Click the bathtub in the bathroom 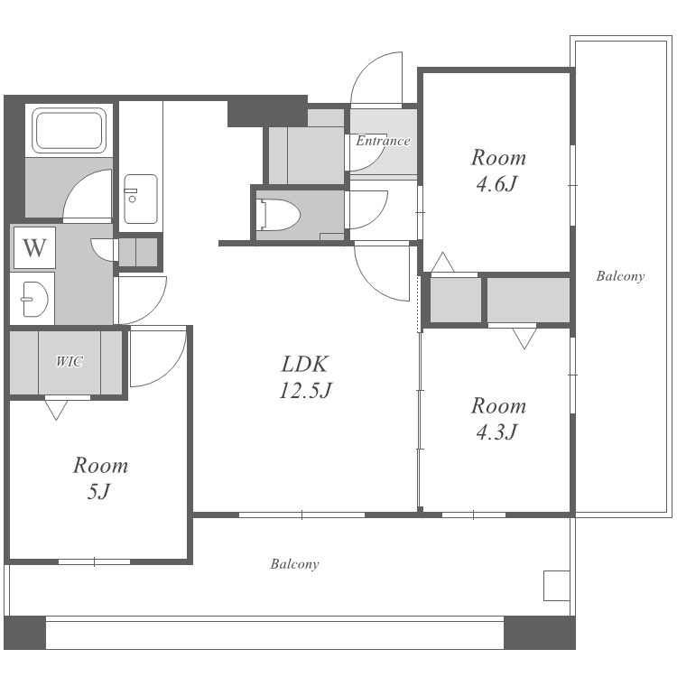coord(70,130)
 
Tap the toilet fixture coord(278,215)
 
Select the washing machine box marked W coord(34,248)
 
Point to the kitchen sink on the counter coord(140,199)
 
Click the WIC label coord(70,361)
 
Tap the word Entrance coord(383,141)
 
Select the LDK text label coord(305,364)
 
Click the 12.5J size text coord(305,390)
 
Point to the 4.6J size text coord(496,184)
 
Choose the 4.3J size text coord(496,431)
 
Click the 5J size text coord(99,491)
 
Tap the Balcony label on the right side coord(620,276)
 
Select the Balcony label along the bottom coord(295,564)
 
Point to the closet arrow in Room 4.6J coord(442,262)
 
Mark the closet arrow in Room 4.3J coord(524,338)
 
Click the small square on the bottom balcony coord(557,586)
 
